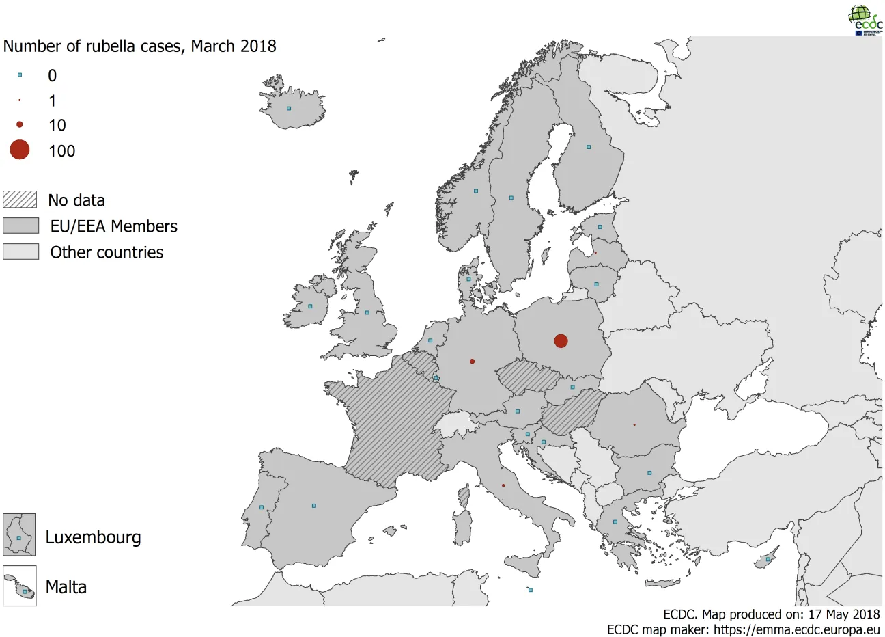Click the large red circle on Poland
click(561, 340)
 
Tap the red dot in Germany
click(472, 361)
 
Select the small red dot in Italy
click(503, 485)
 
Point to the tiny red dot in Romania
click(634, 424)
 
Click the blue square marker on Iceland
click(289, 108)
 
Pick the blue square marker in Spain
click(313, 506)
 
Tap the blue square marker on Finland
click(588, 147)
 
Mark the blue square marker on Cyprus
click(768, 559)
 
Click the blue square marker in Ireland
click(310, 306)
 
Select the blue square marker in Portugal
click(262, 507)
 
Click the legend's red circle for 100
click(20, 150)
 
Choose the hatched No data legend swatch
click(20, 200)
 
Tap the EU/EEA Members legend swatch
click(20, 226)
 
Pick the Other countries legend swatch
click(20, 252)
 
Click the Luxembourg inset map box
click(19, 534)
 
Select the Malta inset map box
click(19, 586)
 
